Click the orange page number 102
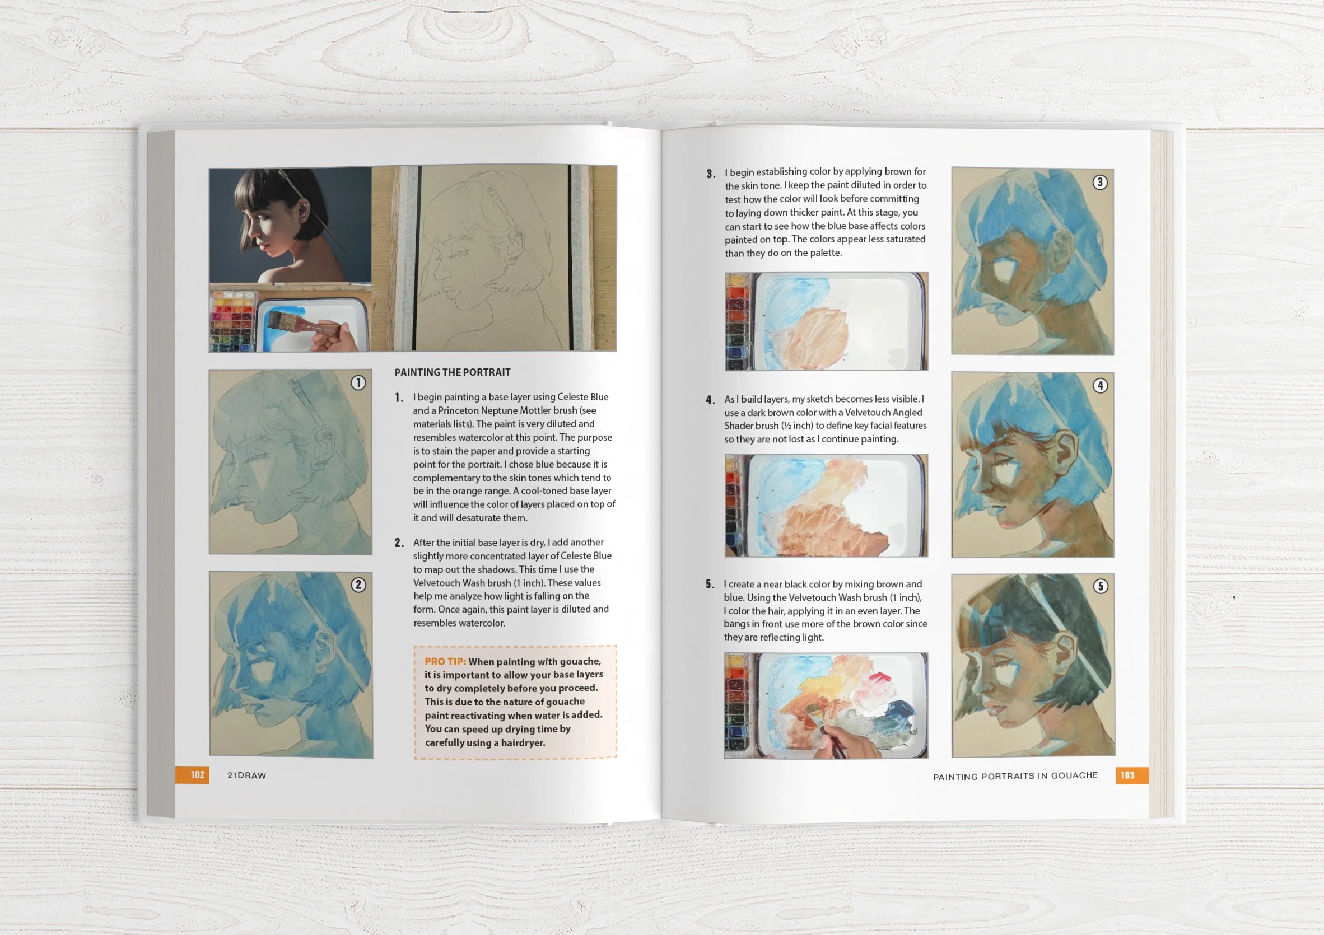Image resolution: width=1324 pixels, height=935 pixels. pos(197,775)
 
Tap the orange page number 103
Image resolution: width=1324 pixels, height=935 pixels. pos(1127,775)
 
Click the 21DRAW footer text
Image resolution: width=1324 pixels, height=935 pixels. pos(247,775)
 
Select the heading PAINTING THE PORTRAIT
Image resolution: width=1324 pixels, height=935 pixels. pos(452,372)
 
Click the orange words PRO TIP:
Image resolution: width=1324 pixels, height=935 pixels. pos(445,661)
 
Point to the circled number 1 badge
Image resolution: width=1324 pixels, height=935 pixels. pos(358,383)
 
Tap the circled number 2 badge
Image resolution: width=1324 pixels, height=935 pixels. pos(358,585)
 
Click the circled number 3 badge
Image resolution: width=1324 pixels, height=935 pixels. pos(1099,182)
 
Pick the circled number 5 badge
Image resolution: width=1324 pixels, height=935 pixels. pos(1101,586)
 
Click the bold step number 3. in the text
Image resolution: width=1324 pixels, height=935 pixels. pos(711,174)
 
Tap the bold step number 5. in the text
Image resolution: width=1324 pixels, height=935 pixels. pos(710,584)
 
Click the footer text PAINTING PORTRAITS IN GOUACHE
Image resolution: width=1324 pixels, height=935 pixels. pos(1015,776)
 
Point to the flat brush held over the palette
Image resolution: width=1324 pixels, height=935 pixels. pos(291,320)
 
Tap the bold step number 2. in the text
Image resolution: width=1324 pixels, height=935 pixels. pos(399,543)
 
